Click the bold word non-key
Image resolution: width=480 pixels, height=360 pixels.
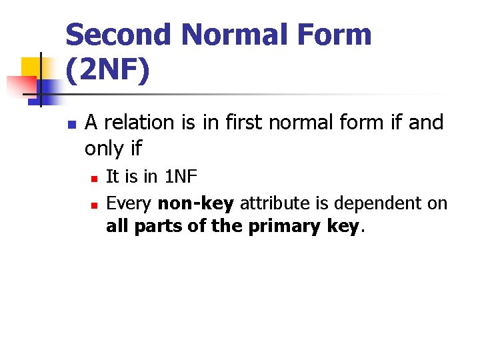point(195,203)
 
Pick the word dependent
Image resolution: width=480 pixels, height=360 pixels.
point(364,203)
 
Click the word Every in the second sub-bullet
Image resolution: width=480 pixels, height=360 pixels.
point(129,203)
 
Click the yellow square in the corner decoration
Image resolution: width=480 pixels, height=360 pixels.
point(32,67)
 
